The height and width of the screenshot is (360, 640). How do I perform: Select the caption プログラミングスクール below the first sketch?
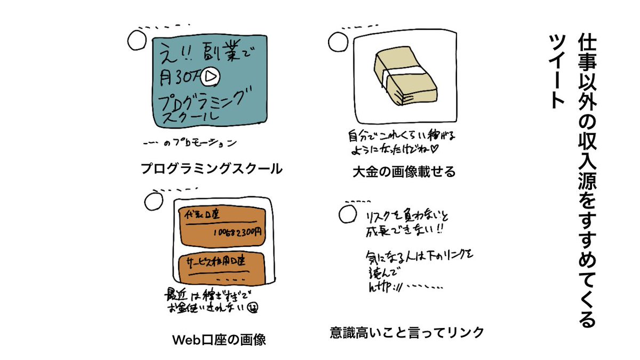(x=211, y=169)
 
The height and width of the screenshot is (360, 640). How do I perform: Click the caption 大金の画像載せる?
(x=404, y=172)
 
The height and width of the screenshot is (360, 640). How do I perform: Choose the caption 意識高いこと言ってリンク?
(x=407, y=333)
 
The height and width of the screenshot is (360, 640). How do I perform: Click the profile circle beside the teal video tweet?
(x=138, y=40)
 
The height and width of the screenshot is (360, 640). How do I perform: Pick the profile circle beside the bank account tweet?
(x=153, y=201)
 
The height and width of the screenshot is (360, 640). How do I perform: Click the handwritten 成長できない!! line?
(x=405, y=232)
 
